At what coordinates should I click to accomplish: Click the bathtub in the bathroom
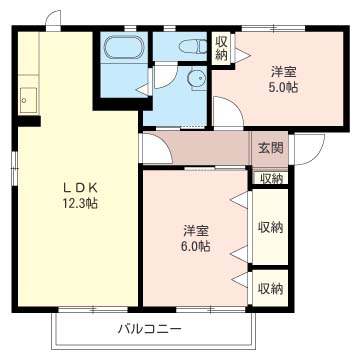click(124, 48)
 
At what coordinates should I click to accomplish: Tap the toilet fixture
click(193, 46)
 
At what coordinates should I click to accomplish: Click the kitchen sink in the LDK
click(28, 100)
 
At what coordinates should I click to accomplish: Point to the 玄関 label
click(271, 148)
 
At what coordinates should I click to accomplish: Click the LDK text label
click(80, 188)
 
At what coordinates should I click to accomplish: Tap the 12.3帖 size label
click(80, 203)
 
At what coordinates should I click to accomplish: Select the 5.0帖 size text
click(283, 87)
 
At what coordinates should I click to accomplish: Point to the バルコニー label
click(150, 329)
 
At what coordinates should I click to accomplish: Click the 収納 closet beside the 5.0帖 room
click(221, 48)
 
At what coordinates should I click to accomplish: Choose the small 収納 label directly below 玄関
click(271, 179)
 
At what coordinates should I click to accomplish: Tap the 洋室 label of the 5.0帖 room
click(283, 72)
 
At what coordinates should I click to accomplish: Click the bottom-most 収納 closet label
click(271, 289)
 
